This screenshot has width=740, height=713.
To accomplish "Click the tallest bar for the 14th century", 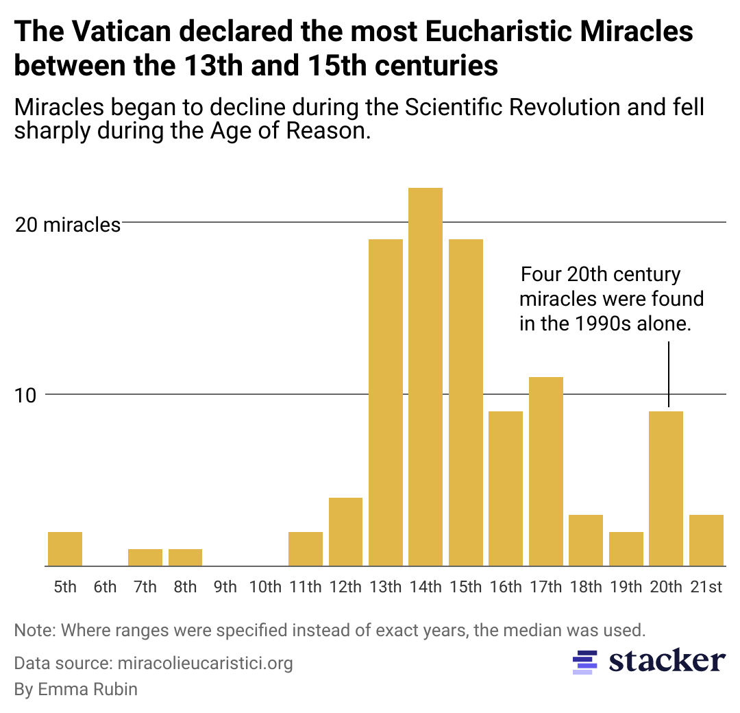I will pos(425,377).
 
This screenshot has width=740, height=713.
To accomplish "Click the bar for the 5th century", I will pos(65,549).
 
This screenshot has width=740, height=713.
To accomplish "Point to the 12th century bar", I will pos(345,532).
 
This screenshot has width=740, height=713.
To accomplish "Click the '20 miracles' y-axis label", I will pos(68,224).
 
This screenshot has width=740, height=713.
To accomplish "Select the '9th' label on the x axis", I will pos(225,587).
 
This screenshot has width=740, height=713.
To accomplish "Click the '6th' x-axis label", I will pos(105,587).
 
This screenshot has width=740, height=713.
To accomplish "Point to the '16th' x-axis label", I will pos(506,587).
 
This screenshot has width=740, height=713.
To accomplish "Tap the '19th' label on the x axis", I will pos(626,587).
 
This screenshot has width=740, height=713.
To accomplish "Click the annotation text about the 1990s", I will pos(611,300).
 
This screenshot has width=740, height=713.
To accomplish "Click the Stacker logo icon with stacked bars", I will pos(582,662).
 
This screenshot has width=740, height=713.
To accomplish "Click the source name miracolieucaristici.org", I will pos(205,663).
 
